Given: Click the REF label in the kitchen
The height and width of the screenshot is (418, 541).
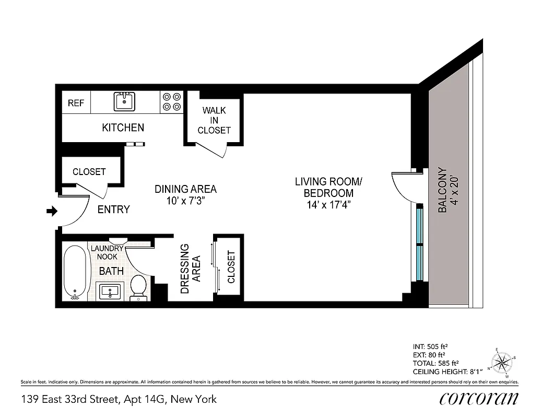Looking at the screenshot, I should (76, 103).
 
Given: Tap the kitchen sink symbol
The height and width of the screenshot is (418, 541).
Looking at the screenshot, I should (124, 101).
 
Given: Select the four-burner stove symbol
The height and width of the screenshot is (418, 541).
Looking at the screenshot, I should (171, 101).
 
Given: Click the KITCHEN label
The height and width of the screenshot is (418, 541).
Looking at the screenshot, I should (123, 127).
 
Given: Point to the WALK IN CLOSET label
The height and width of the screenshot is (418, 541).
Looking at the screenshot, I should (214, 120).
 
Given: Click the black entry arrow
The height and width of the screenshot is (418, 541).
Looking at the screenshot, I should (51, 211).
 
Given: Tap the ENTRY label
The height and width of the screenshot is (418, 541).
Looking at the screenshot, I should (114, 210).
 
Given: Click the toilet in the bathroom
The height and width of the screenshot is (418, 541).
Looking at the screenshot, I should (138, 288).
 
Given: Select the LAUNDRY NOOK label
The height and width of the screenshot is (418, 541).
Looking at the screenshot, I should (107, 253).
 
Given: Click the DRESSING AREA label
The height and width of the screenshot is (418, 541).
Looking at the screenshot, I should (191, 269).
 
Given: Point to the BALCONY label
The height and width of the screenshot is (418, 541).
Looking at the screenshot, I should (448, 190).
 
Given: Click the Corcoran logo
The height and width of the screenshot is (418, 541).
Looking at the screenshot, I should (479, 399).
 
